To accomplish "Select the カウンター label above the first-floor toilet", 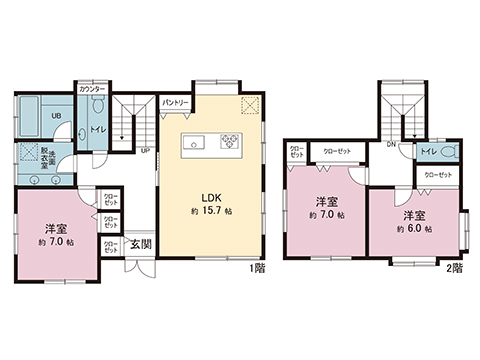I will point(91,89).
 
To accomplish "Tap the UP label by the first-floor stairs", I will point(146,151).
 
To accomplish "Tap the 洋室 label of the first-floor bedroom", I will point(55,228).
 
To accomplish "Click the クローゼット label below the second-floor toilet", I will point(437,174).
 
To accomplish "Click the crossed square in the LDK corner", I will point(249,107).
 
